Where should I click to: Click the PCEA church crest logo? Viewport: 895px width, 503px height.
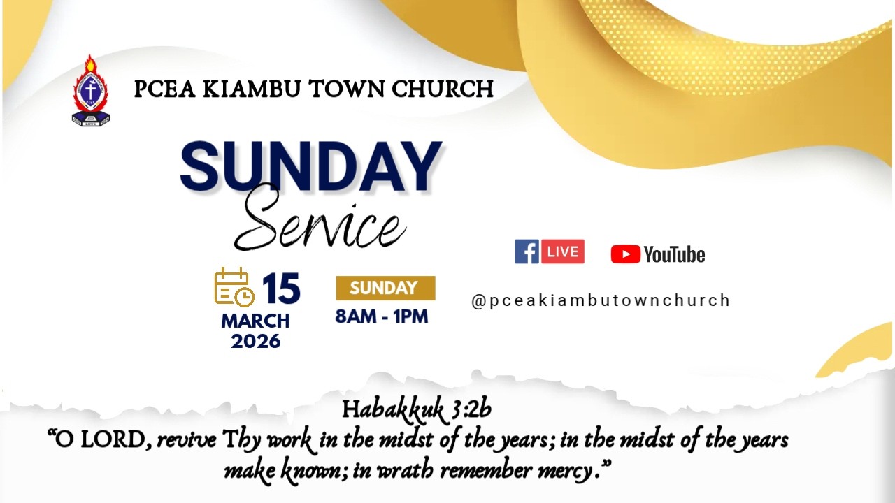tap(92, 91)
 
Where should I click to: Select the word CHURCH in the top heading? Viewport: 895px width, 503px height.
tap(443, 89)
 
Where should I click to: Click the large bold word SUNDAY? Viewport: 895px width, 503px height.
tap(311, 168)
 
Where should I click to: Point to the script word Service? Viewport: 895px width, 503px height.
tap(320, 221)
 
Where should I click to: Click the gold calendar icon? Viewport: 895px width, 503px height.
tap(234, 287)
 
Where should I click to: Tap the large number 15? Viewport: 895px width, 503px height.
tap(281, 289)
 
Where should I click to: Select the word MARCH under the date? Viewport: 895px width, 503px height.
tap(255, 321)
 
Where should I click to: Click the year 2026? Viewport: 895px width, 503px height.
tap(255, 341)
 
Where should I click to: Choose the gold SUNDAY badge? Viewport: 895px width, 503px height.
tap(385, 288)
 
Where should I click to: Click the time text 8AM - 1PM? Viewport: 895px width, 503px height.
tap(381, 316)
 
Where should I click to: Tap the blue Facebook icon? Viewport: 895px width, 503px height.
tap(527, 251)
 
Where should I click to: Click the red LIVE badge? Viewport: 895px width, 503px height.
tap(562, 251)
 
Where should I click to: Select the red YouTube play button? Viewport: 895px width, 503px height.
tap(625, 254)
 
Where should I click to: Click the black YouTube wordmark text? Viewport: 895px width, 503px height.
tap(674, 255)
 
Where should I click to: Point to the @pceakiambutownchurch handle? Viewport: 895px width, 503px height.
tap(601, 300)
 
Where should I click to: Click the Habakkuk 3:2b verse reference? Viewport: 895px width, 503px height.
tap(417, 409)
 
